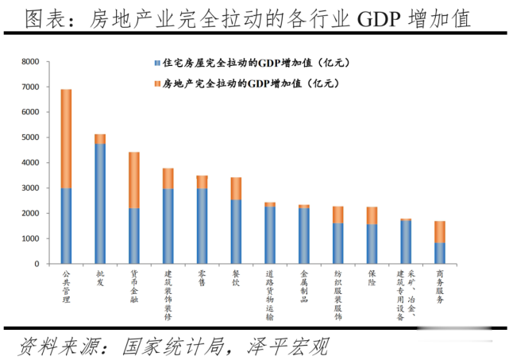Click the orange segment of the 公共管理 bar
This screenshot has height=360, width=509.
tap(66, 138)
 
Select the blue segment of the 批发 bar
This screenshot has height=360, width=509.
tap(100, 203)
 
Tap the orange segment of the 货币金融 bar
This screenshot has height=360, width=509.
tap(134, 180)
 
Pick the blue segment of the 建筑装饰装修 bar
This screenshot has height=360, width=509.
tap(168, 226)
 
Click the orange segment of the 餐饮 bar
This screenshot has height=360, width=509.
tap(236, 188)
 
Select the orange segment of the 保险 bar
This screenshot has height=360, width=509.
tap(372, 215)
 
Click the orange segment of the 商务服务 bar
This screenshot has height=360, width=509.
tap(439, 231)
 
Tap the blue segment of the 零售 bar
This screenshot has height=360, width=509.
tap(202, 226)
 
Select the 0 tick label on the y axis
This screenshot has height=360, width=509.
tap(36, 264)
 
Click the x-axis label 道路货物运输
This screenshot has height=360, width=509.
tap(270, 293)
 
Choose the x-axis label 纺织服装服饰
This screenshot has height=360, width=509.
tap(337, 293)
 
